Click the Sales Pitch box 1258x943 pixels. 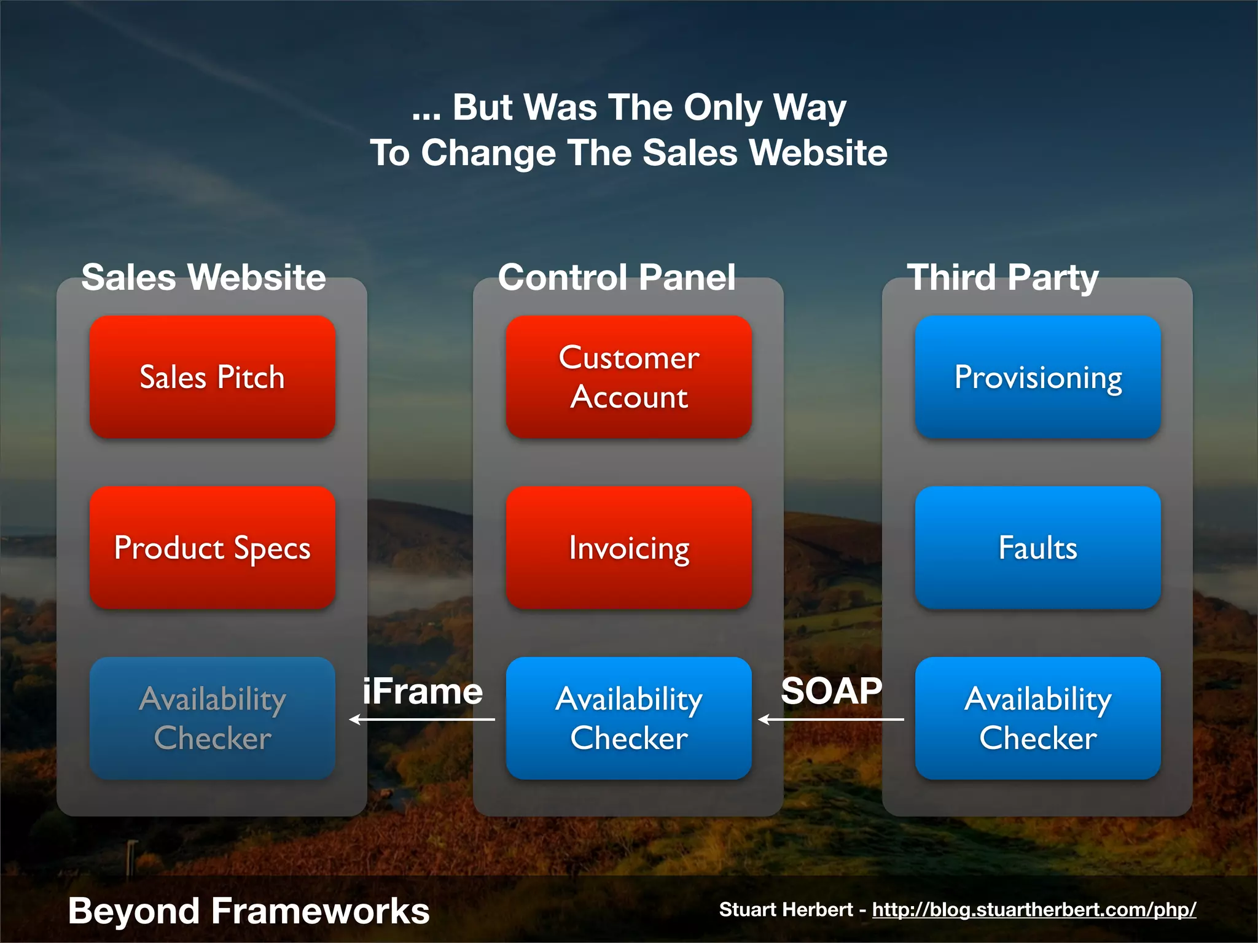pos(213,377)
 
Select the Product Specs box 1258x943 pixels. pos(213,548)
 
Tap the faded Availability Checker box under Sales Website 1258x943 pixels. pos(213,718)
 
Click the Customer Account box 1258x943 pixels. pos(628,377)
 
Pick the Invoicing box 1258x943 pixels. pos(628,548)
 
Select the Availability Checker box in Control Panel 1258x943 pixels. pos(628,718)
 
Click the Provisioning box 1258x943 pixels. pos(1037,377)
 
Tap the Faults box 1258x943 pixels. pos(1037,548)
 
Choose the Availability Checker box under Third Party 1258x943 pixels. pos(1037,718)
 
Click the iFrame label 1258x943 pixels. pos(423,691)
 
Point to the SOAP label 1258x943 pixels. pos(831,691)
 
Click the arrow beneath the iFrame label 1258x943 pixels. pos(422,720)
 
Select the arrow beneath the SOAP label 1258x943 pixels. pos(831,720)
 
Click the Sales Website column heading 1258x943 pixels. pos(203,277)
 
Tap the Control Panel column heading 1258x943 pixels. pos(617,277)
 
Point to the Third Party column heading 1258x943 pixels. pos(1002,278)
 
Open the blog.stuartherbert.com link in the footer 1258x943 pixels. pos(1034,909)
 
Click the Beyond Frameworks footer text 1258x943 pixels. pos(249,910)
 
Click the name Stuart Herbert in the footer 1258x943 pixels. pos(786,909)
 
